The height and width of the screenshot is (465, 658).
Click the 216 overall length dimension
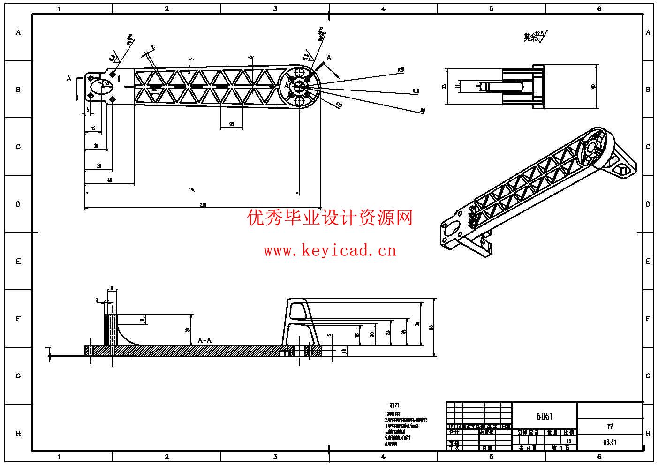(203, 204)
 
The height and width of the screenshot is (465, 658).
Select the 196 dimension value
(192, 190)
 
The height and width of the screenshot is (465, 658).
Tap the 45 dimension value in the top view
(110, 180)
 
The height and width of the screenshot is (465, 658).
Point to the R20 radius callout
(401, 70)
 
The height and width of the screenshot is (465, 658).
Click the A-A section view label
(204, 340)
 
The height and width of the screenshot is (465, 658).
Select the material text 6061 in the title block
(545, 416)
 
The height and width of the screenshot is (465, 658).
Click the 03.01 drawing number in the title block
(610, 442)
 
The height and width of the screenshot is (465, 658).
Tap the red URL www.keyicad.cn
(330, 251)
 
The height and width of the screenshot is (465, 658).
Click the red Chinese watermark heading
(330, 217)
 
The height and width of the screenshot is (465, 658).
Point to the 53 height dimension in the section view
(430, 327)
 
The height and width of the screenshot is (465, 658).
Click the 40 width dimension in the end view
(593, 87)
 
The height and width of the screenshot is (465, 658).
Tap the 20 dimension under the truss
(232, 124)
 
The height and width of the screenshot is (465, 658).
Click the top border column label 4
(383, 8)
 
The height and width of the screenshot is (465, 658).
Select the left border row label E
(18, 261)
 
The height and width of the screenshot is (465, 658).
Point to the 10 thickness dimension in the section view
(344, 351)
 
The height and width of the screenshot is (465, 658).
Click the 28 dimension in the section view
(188, 330)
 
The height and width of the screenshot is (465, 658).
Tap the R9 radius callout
(423, 110)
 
